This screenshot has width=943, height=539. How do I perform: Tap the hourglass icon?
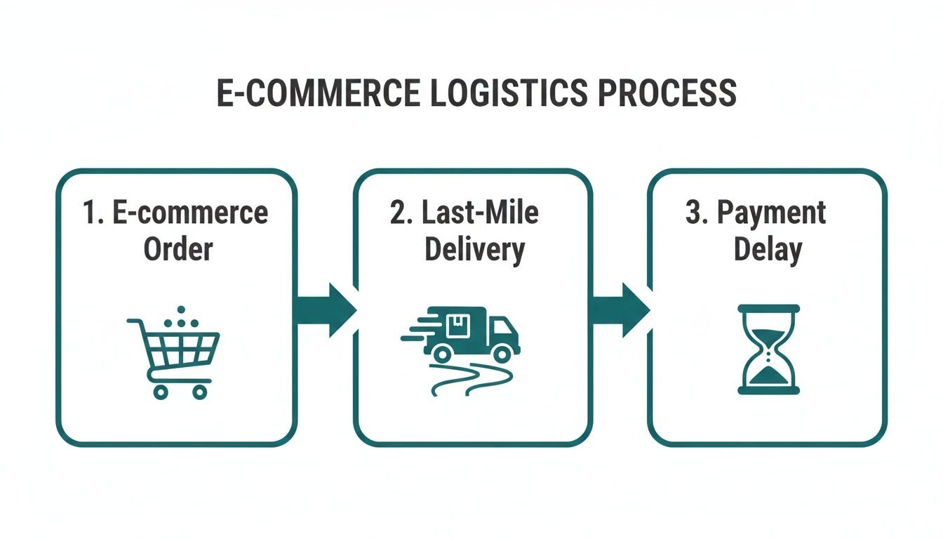point(768,349)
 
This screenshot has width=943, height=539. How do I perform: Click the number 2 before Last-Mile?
point(398,213)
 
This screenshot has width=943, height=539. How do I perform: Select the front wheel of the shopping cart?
point(199,392)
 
